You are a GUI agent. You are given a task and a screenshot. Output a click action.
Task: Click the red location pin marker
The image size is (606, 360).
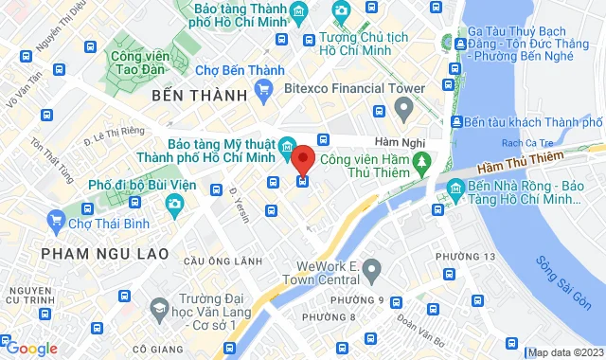tap(303, 158)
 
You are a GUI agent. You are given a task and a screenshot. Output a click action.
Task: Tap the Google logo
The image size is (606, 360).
tap(30, 349)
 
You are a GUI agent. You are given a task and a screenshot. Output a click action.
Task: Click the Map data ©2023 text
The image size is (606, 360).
tap(565, 352)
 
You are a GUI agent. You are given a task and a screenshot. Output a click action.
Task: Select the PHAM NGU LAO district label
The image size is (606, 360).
tap(104, 254)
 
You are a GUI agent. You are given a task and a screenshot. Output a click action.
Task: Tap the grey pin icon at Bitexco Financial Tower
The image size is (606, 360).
tap(404, 111)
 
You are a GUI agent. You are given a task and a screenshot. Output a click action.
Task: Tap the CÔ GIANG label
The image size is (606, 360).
tap(158, 349)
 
